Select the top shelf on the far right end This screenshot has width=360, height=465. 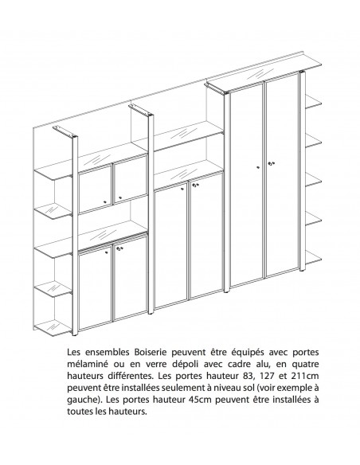pos(311,102)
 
